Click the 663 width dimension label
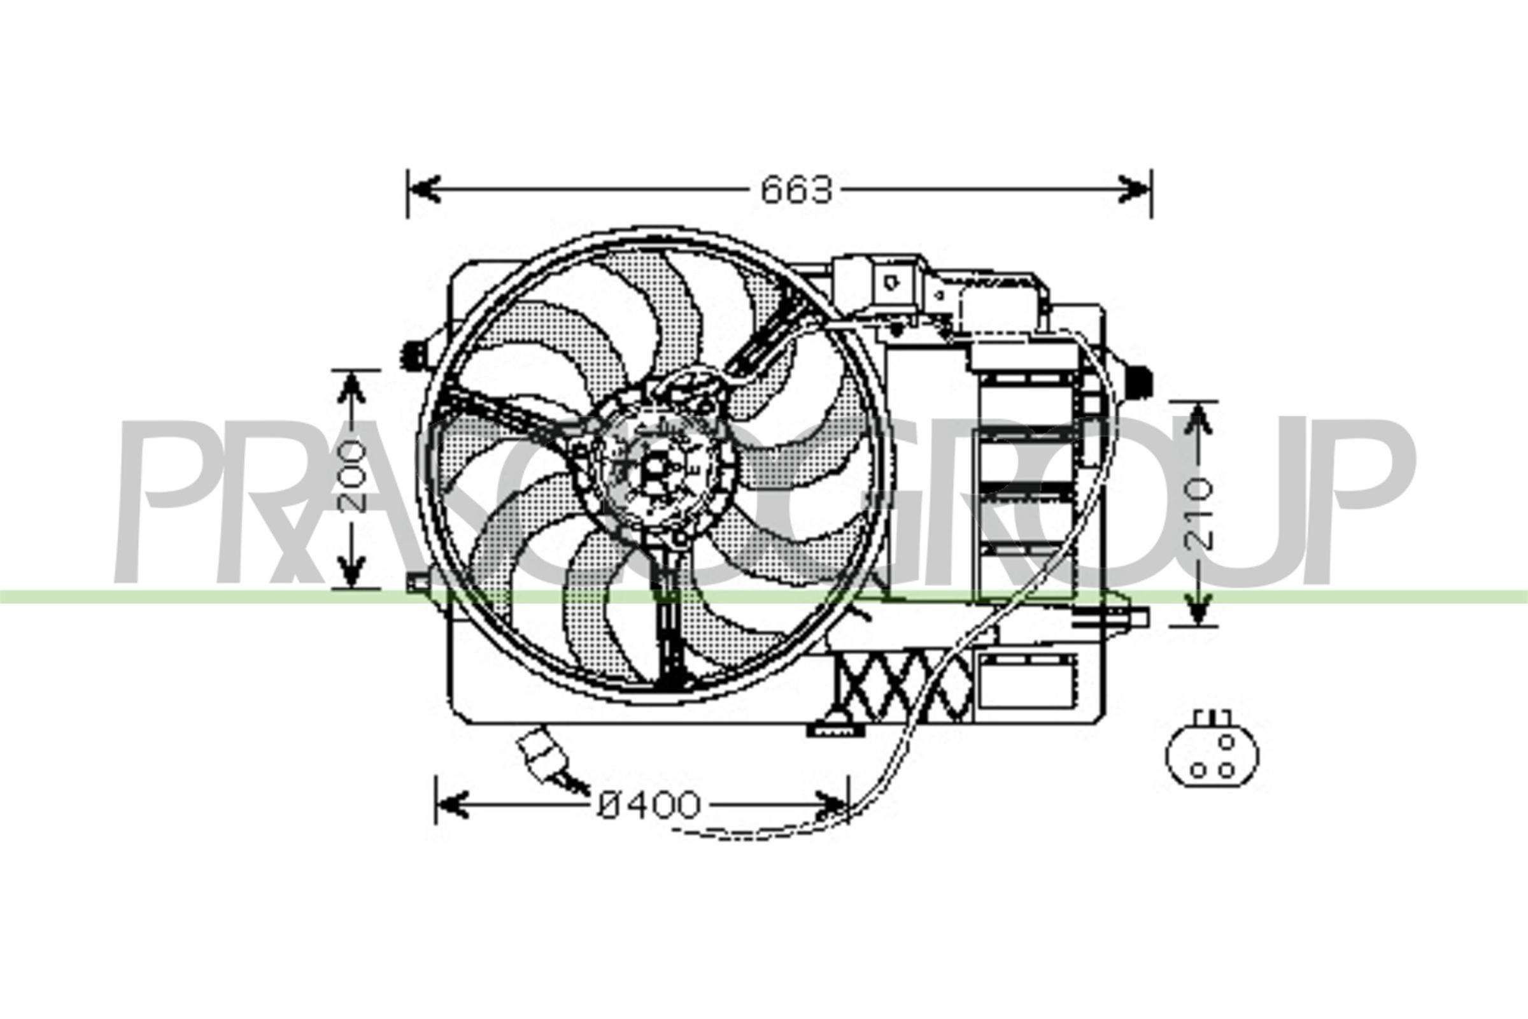tap(796, 190)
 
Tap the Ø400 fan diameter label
tap(649, 806)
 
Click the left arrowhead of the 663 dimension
tap(425, 189)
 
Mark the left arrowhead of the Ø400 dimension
tap(452, 806)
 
